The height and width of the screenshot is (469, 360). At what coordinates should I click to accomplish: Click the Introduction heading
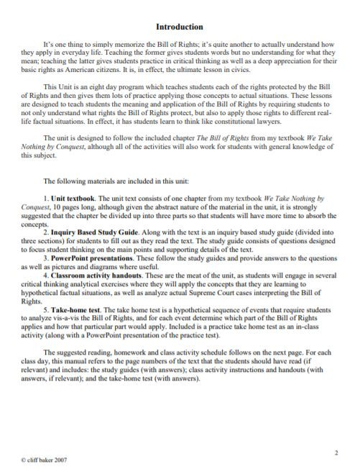coord(180,27)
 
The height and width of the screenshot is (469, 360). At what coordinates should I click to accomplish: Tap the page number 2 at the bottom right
coord(336,452)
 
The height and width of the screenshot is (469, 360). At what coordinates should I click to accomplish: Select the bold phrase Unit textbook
coord(74,197)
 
